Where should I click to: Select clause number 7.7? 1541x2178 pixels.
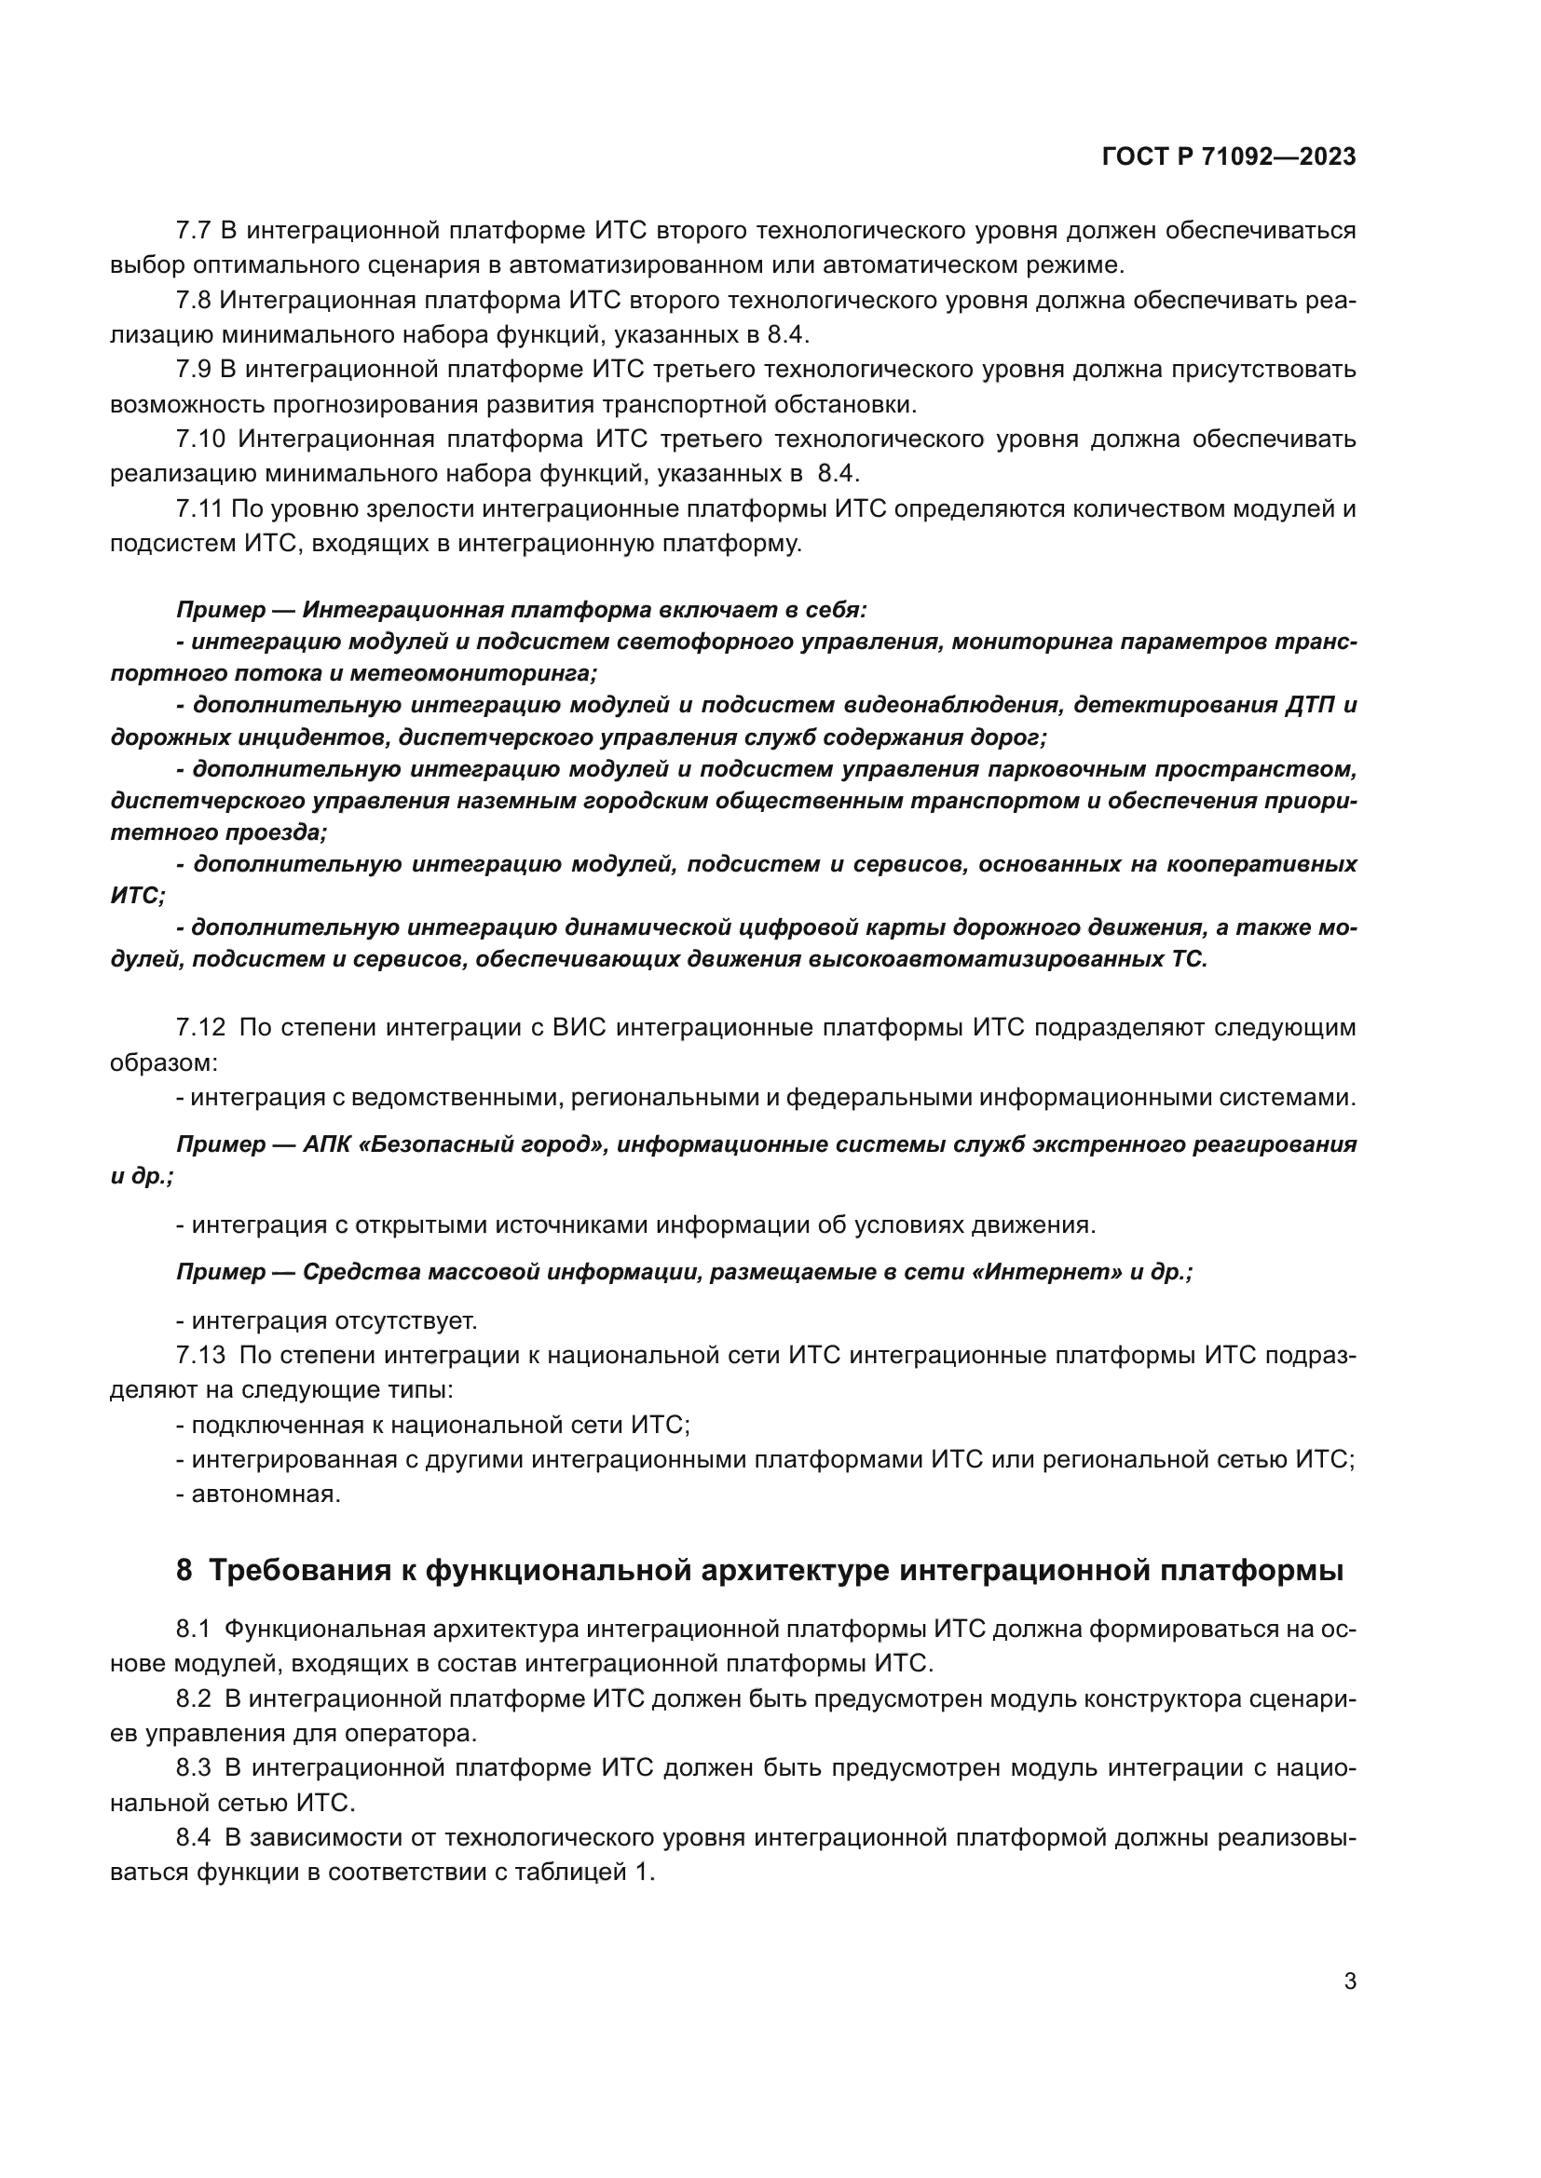[x=195, y=231]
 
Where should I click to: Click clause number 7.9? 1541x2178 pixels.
[x=195, y=369]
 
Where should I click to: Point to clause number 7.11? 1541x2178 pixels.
[x=200, y=509]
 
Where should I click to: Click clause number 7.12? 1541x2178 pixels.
[x=201, y=1027]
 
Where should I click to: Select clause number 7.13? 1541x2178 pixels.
[x=201, y=1356]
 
